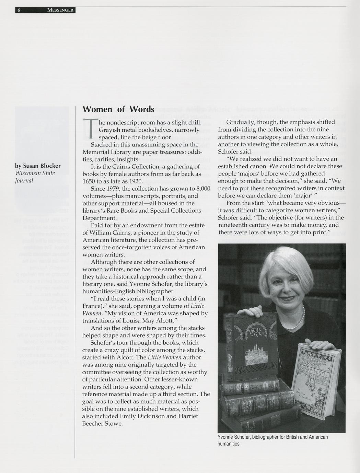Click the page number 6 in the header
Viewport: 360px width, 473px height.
19,10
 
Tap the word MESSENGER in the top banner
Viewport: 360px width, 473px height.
60,10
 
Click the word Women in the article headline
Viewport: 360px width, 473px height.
97,109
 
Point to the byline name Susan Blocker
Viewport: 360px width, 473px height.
42,166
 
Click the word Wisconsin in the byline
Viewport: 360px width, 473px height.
28,173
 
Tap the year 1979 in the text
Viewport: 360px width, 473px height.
116,189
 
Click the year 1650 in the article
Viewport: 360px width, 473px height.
89,181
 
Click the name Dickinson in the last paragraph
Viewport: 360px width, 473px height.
152,416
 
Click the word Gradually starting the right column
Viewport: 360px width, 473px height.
242,122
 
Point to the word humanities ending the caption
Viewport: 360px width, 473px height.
228,444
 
